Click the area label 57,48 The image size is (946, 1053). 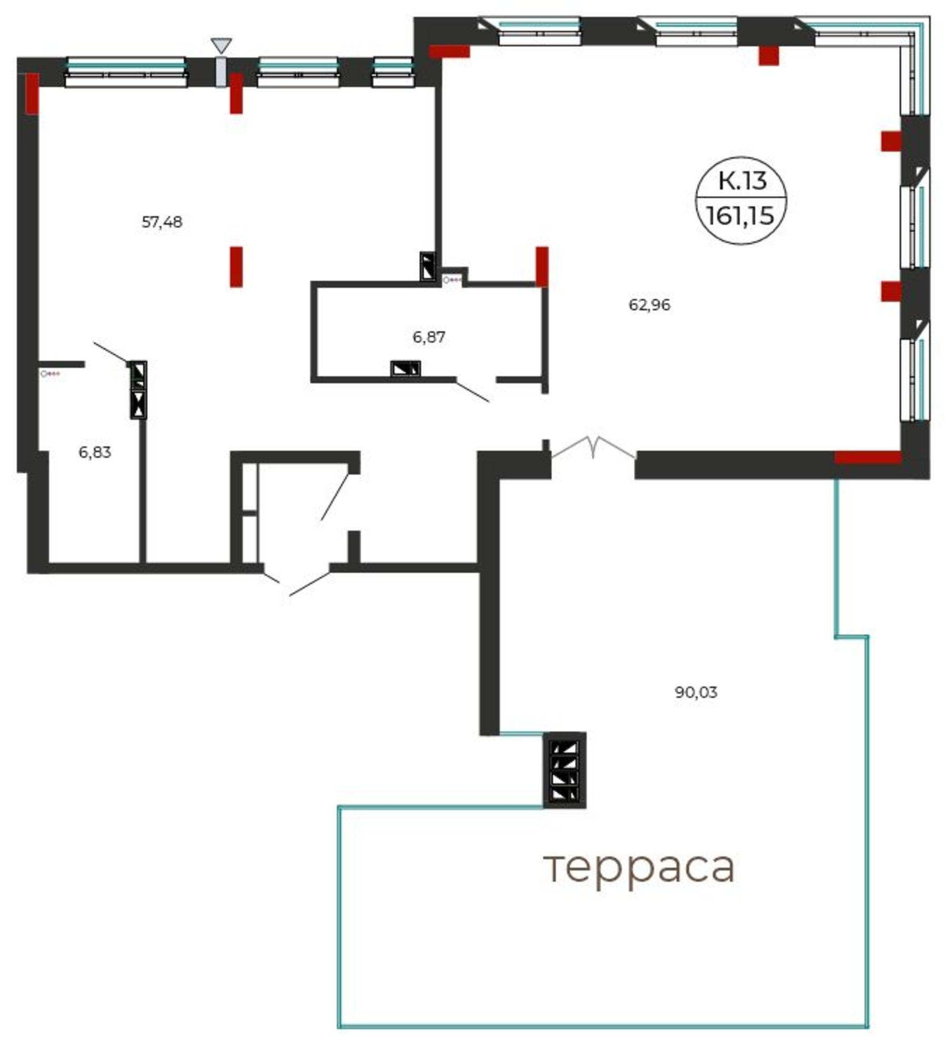(x=162, y=222)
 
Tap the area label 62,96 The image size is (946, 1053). (x=650, y=305)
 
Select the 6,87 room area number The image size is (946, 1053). (x=429, y=337)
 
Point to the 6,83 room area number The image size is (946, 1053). (x=95, y=452)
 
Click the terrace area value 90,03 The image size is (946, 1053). (x=696, y=692)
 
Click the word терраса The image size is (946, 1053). (x=639, y=867)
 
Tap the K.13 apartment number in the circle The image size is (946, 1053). (x=742, y=181)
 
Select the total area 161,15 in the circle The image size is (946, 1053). (x=740, y=215)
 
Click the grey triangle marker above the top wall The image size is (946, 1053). (x=221, y=44)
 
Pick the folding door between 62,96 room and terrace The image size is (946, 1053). (x=593, y=448)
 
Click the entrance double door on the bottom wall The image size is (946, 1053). (x=297, y=582)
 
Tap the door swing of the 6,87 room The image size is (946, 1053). (x=473, y=390)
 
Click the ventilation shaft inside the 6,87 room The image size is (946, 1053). (x=405, y=369)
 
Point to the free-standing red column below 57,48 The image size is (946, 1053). (x=236, y=266)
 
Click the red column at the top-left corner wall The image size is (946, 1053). (x=32, y=93)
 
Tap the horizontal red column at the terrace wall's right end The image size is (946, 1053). (x=868, y=457)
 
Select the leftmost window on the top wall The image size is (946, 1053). (x=126, y=72)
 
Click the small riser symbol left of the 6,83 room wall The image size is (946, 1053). (x=51, y=374)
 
